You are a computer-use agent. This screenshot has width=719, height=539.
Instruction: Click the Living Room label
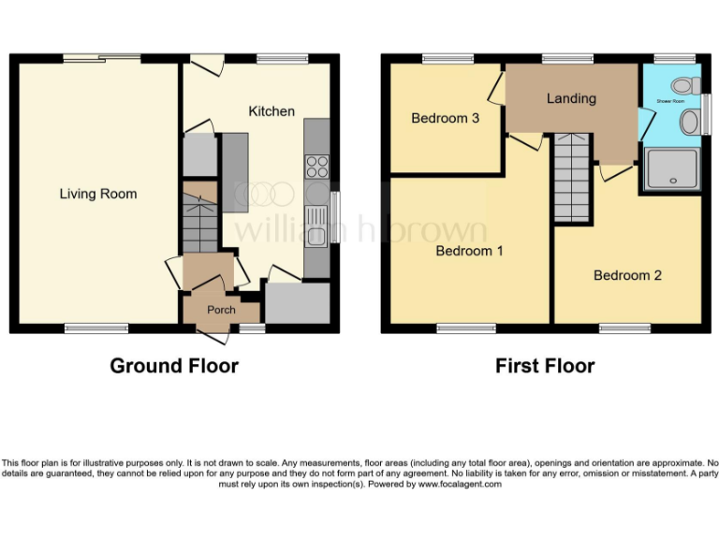tap(98, 194)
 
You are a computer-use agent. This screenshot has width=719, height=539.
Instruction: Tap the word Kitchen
tap(271, 111)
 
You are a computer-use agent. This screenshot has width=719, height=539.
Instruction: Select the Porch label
tap(221, 311)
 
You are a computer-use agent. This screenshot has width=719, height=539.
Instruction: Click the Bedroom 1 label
tap(469, 251)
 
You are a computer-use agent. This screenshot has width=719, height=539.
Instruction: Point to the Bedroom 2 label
tap(627, 275)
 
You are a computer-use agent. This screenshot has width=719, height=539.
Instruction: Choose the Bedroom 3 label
tap(446, 119)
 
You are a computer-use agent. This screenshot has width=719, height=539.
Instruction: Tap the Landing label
tap(571, 98)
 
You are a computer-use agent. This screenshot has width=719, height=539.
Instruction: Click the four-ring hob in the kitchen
tap(317, 167)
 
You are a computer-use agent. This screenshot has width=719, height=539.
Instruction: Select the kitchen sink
tap(317, 225)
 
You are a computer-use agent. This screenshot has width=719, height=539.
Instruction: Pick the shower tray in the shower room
tap(670, 170)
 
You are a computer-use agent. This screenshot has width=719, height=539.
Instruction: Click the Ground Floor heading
tap(174, 365)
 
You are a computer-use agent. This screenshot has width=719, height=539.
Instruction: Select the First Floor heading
tap(545, 365)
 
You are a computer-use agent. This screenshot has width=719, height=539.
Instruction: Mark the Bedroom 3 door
tap(497, 90)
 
